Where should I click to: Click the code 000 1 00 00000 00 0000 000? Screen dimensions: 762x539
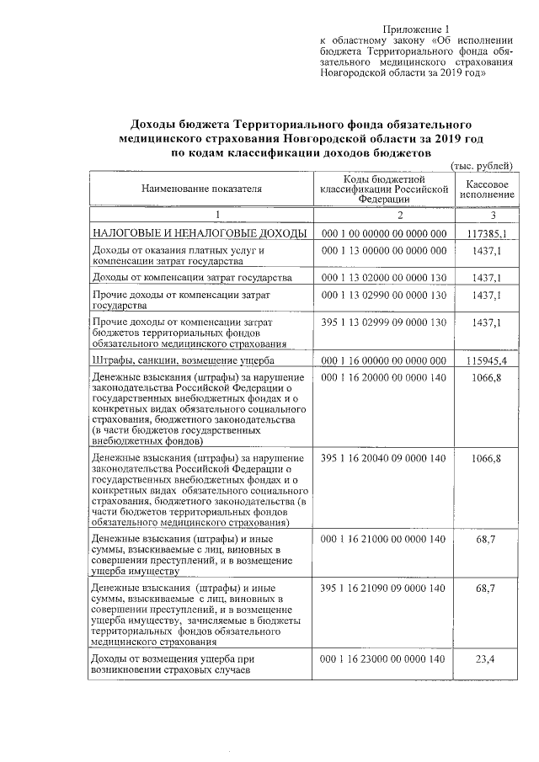pyautogui.click(x=383, y=233)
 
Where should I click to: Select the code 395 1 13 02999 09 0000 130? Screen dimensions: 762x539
pyautogui.click(x=383, y=322)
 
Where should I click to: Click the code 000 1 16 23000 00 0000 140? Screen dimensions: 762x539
pyautogui.click(x=383, y=659)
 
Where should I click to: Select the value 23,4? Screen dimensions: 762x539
pyautogui.click(x=484, y=659)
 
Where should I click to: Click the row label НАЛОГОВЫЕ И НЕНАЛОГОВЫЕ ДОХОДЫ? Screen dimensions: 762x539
pyautogui.click(x=200, y=233)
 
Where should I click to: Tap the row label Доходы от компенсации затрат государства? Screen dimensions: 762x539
pyautogui.click(x=192, y=277)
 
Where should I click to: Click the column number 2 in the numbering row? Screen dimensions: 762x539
pyautogui.click(x=383, y=215)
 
